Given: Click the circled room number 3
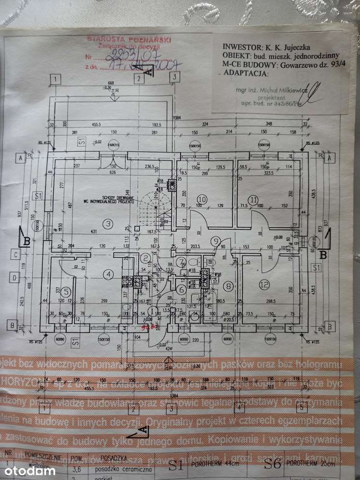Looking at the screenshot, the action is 108,223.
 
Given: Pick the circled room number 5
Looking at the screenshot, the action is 67,291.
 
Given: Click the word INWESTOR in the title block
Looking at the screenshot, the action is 240,48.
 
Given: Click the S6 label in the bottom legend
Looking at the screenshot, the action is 272,465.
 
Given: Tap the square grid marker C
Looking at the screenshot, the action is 16,255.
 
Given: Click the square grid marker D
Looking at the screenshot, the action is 16,277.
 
